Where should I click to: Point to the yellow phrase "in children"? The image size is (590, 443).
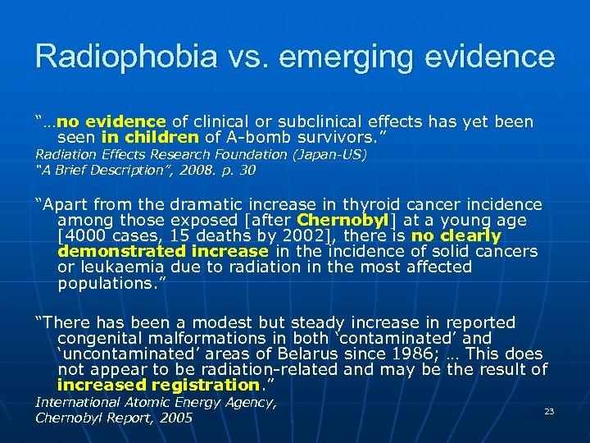(150, 137)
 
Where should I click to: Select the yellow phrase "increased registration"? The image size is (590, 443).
(157, 385)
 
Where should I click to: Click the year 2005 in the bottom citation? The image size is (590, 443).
(175, 418)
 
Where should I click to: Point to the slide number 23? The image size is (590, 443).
(549, 411)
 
